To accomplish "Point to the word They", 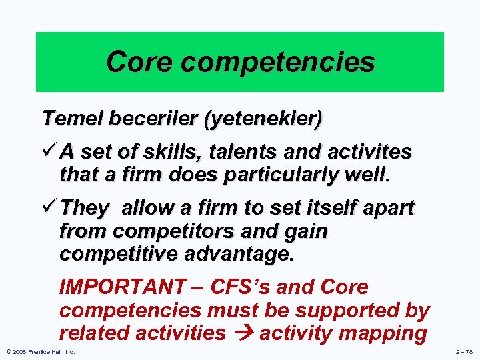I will click(83, 209).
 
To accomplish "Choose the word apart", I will click(390, 209).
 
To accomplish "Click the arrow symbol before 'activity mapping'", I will click(242, 333).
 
